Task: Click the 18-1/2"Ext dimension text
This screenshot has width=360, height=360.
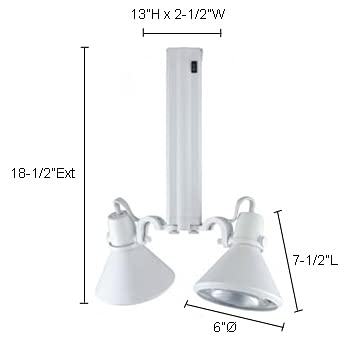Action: click(x=42, y=172)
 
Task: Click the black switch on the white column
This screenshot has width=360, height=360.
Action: click(x=195, y=67)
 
